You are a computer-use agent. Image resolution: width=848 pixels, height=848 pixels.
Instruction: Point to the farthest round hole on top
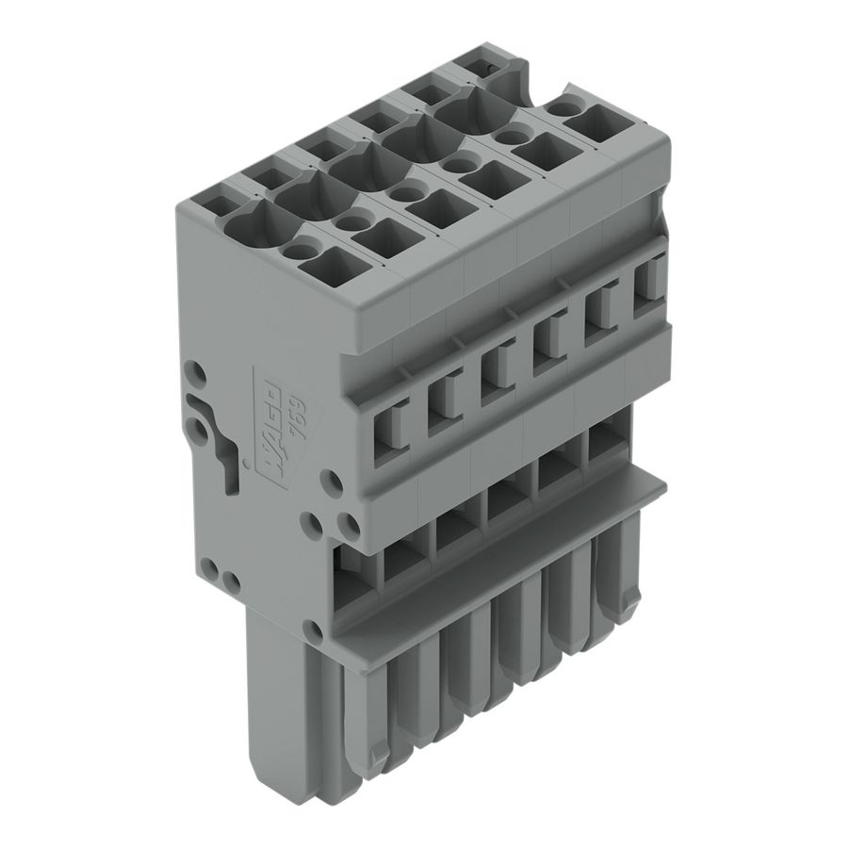565,108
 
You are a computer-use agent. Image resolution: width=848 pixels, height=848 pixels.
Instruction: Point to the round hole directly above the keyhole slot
198,372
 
